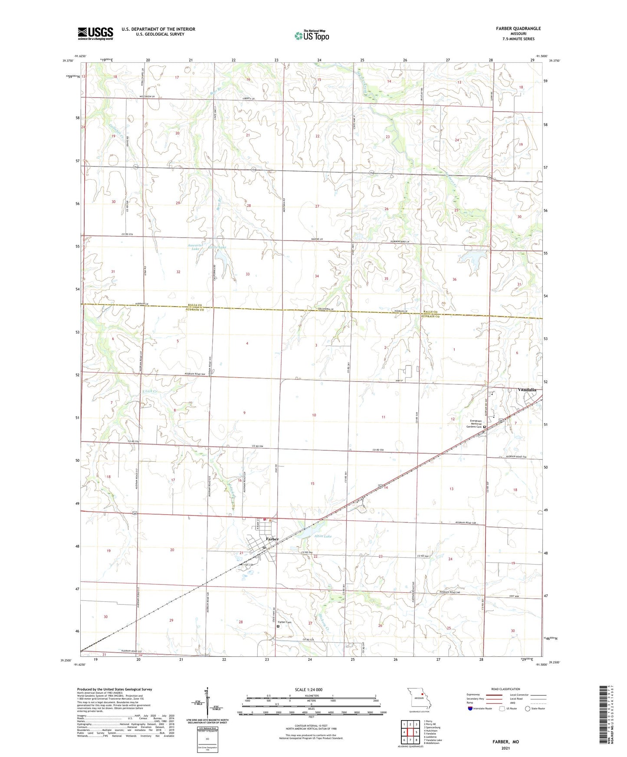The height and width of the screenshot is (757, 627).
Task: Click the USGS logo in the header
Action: [x=95, y=33]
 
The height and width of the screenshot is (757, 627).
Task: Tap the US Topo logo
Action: [x=312, y=35]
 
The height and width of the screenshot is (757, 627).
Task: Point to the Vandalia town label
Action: [x=527, y=390]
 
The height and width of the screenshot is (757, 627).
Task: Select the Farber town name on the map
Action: [x=272, y=539]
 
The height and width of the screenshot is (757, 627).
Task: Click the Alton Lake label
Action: [x=322, y=536]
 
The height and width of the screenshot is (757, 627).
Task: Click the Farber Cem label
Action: [x=285, y=622]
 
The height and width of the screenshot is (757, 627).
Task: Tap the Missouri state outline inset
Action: [x=418, y=699]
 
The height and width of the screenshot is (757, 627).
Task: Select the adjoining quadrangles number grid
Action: [x=410, y=731]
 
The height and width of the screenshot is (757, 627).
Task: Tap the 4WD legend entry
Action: [x=528, y=702]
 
